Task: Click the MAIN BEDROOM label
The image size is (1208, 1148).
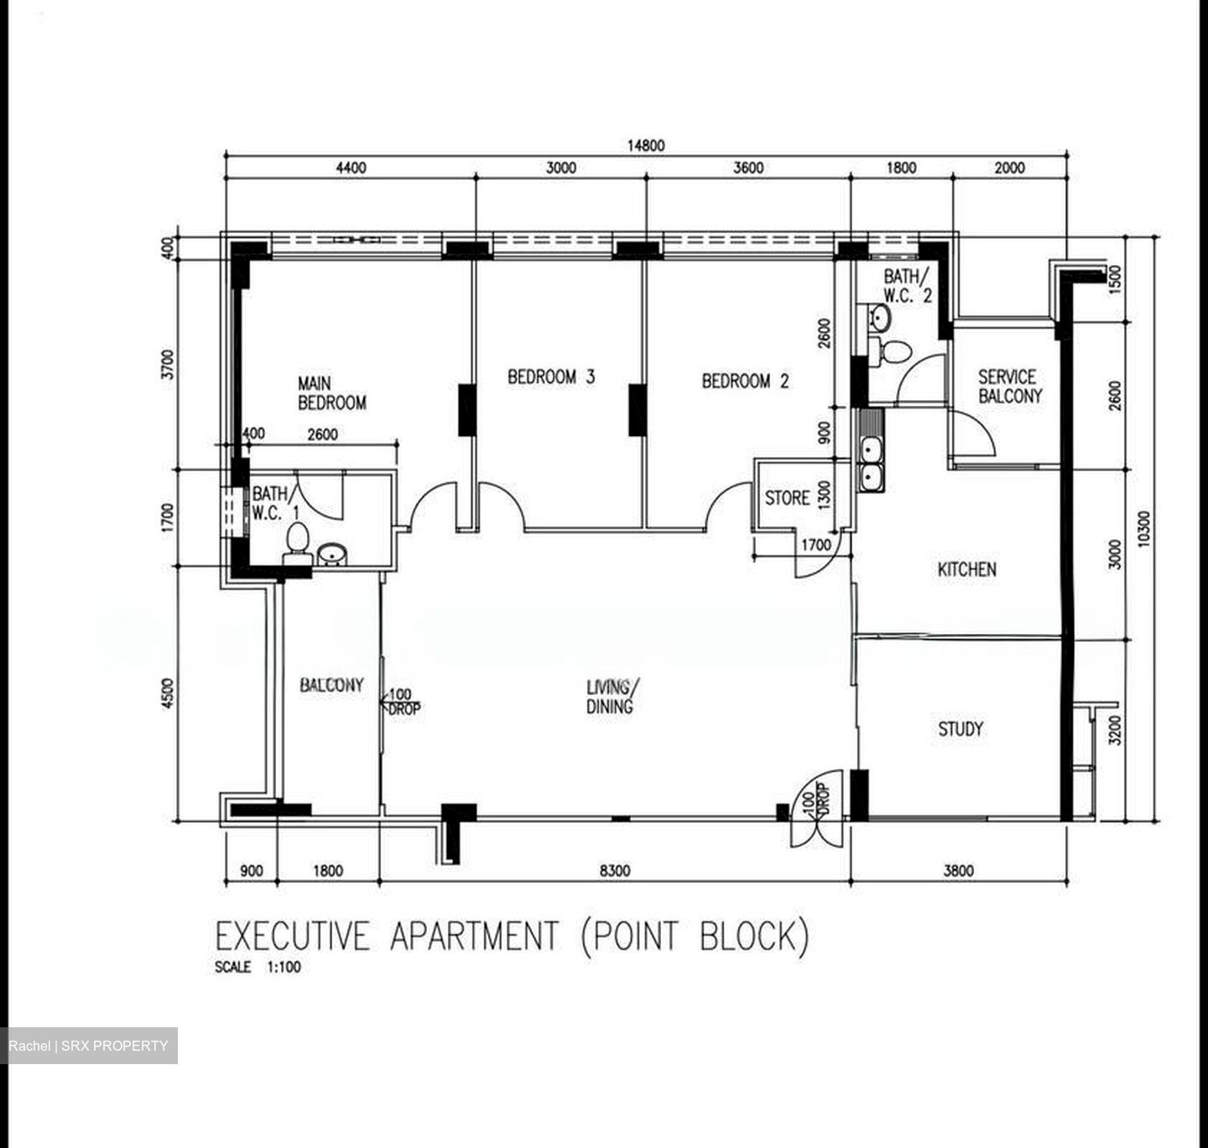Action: pos(331,393)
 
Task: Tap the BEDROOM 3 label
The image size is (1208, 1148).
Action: pos(551,377)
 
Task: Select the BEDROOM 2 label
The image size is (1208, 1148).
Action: pos(745,382)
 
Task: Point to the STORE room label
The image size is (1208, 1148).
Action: pos(787,498)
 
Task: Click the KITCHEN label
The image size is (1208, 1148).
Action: pos(966,570)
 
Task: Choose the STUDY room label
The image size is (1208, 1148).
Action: pos(961,729)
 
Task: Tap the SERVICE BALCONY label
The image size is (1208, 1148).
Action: pos(1009,387)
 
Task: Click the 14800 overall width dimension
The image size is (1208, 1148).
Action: pos(645,146)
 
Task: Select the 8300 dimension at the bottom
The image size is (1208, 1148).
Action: pos(614,871)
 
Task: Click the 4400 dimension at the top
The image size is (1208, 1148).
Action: pos(351,168)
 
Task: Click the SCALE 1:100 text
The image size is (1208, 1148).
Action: pos(258,967)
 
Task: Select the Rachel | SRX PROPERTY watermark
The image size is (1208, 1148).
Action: pos(88,1046)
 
